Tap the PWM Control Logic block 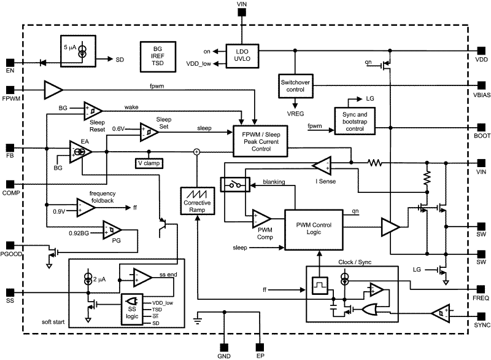[313, 229]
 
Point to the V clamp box [149, 163]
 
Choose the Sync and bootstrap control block [354, 119]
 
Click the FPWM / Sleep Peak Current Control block [261, 139]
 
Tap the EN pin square [10, 62]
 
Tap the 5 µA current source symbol [82, 51]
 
